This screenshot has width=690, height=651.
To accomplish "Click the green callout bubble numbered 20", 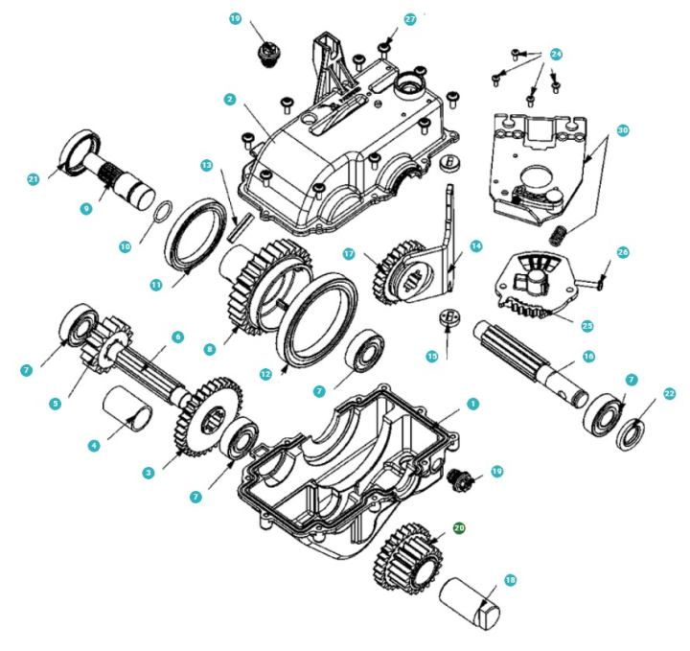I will [x=459, y=527].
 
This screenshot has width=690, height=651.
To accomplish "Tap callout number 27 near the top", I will [x=410, y=18].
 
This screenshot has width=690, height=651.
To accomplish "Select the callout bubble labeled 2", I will [x=230, y=99].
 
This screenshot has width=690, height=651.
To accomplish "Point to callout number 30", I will [x=623, y=128].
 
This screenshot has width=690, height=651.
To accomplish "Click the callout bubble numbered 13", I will [x=206, y=165].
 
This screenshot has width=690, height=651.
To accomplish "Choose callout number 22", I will [x=669, y=393].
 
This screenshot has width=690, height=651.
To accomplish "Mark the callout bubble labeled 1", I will [x=472, y=404].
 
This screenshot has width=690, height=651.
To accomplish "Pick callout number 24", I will [x=556, y=55].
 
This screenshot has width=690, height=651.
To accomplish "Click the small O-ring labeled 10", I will [x=163, y=209].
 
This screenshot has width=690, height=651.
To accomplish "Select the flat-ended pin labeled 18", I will [x=467, y=601].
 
